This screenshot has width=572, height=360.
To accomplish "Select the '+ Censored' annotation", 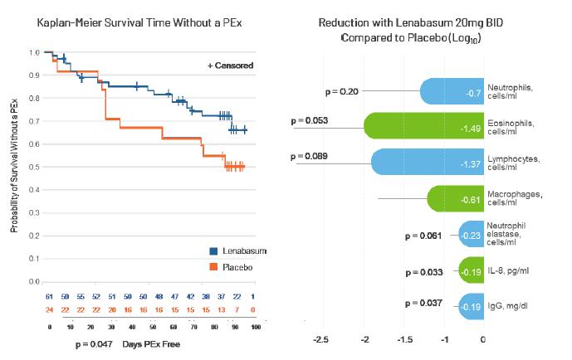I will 231,66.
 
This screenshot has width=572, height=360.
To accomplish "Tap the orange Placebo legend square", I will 213,267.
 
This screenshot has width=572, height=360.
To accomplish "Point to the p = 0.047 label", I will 93,343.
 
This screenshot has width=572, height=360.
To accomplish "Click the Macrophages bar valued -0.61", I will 456,198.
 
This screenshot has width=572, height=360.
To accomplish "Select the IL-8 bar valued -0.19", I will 472,271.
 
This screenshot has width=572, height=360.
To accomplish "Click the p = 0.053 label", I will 310,121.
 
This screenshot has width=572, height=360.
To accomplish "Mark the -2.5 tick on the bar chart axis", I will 321,339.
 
